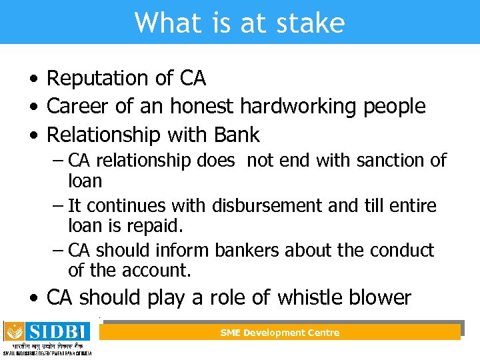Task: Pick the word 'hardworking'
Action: click(x=297, y=106)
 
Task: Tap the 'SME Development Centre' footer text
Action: click(x=280, y=333)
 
